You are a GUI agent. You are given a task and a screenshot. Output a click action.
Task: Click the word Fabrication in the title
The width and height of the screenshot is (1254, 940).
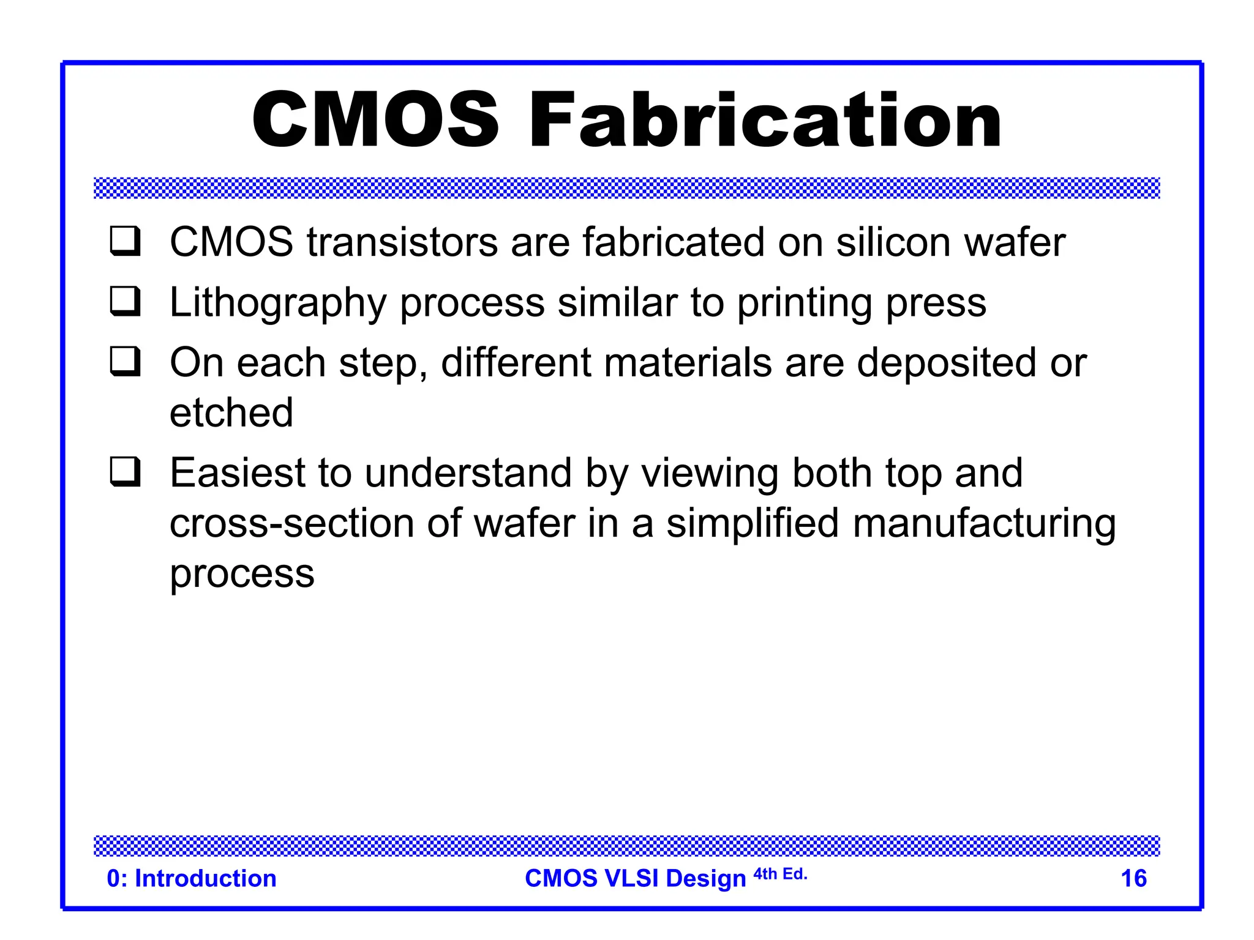tap(765, 120)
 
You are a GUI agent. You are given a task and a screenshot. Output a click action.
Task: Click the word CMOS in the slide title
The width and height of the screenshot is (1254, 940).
tap(375, 120)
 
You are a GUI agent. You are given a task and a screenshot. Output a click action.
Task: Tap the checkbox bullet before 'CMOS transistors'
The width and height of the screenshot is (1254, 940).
tap(126, 241)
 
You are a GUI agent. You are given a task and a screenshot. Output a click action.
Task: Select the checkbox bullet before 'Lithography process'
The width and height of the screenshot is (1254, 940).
tap(126, 301)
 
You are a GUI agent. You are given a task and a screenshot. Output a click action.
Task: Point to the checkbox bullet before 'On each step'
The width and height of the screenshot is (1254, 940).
tap(126, 361)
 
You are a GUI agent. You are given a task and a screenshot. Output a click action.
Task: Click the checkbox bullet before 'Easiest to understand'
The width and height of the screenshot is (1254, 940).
tap(126, 472)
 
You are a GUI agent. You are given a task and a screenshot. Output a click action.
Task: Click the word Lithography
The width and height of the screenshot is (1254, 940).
tap(278, 303)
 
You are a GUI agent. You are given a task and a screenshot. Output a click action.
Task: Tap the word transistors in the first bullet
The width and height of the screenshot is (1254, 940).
tap(402, 242)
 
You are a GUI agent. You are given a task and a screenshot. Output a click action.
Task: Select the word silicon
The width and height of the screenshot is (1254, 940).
tap(893, 242)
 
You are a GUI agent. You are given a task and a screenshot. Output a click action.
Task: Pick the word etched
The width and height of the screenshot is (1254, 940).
tap(231, 413)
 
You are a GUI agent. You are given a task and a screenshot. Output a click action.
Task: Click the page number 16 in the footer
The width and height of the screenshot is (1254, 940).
tap(1133, 879)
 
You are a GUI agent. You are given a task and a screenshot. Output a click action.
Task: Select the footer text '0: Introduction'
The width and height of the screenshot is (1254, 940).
tap(192, 879)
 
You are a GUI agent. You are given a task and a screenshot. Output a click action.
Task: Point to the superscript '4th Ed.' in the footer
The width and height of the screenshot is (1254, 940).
tap(780, 874)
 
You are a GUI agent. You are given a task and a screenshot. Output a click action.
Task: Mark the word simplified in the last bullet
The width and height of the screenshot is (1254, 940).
tap(753, 524)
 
